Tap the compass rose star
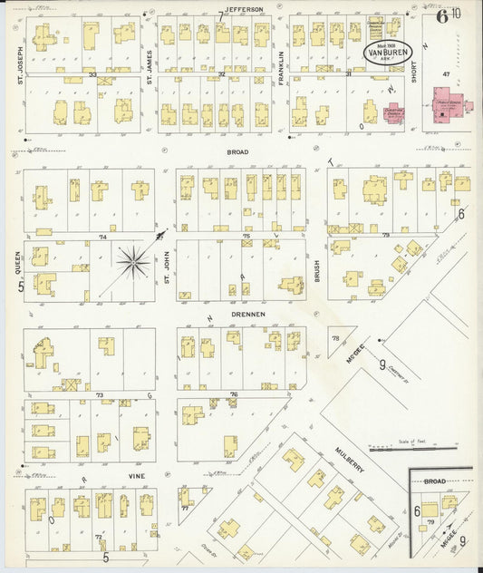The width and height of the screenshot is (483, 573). (133, 262)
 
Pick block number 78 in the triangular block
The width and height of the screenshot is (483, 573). (334, 338)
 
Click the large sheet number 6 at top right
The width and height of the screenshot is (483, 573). (441, 15)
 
